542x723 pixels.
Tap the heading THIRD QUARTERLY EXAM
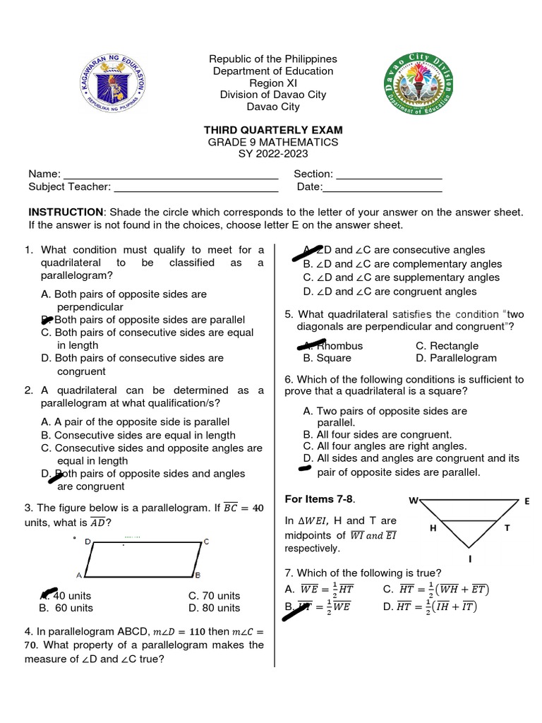(x=273, y=130)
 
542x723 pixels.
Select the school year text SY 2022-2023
(x=273, y=153)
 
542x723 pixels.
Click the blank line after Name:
(x=171, y=174)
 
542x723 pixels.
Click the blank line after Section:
(x=389, y=174)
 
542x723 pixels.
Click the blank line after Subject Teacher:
(x=196, y=187)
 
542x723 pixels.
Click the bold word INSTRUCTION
(x=66, y=212)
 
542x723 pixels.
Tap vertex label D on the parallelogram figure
(x=88, y=542)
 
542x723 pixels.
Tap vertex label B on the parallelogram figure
(x=198, y=575)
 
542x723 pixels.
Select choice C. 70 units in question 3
(x=215, y=596)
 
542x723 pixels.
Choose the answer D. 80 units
(x=215, y=608)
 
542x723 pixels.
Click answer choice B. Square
(x=328, y=358)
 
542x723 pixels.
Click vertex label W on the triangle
(x=414, y=501)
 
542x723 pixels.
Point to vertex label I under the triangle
(x=471, y=558)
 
